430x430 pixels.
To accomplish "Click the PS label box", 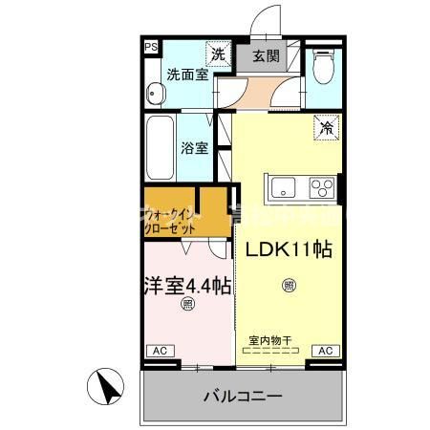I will (x=151, y=46).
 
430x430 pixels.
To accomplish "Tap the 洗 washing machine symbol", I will (x=219, y=54).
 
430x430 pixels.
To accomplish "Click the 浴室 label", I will (x=195, y=149).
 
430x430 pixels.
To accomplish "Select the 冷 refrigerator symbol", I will (x=326, y=123).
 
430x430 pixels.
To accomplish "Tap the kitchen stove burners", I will (x=324, y=185).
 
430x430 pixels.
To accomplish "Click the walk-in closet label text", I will (x=173, y=223).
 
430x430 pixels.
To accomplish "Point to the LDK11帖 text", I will (x=290, y=250).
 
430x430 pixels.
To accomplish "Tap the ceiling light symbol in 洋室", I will (x=187, y=305).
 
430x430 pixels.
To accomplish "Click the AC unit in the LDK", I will (x=324, y=351).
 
